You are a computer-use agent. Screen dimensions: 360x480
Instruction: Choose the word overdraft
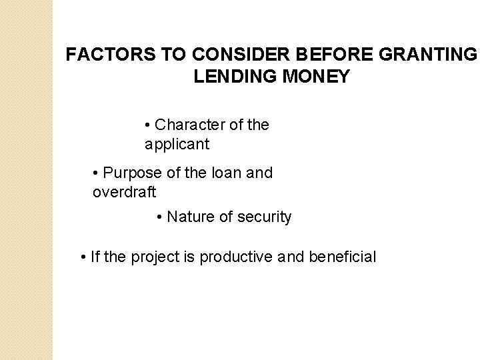(x=124, y=192)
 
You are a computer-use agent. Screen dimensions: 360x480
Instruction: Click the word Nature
(x=187, y=217)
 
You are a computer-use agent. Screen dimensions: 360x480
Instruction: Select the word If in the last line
(x=93, y=257)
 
